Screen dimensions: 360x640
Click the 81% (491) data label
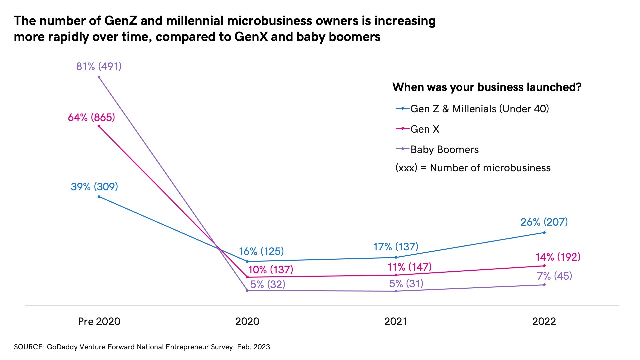click(x=99, y=66)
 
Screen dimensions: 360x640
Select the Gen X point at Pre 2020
click(x=99, y=126)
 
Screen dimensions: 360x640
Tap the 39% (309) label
click(x=94, y=186)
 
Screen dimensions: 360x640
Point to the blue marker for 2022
click(x=544, y=233)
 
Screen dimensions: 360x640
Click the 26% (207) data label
click(x=544, y=222)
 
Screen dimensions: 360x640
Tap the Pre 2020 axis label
click(x=99, y=321)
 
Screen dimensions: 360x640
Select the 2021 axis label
click(x=396, y=321)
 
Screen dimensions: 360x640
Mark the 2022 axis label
click(x=544, y=321)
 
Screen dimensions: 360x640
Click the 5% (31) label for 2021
click(x=406, y=284)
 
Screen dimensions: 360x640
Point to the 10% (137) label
click(x=271, y=269)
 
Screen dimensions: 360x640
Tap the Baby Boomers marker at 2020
click(x=247, y=291)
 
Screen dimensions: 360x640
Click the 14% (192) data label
click(x=558, y=257)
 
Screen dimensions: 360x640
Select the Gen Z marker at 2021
click(x=396, y=257)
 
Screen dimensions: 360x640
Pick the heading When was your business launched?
click(x=487, y=87)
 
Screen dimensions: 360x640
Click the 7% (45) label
click(x=554, y=276)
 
